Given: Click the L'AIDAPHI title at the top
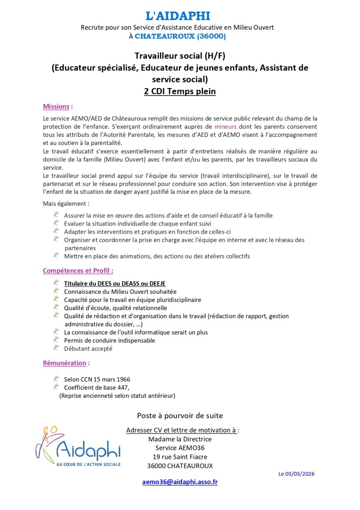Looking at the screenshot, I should point(178,16).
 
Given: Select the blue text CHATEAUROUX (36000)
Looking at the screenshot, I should point(180,36).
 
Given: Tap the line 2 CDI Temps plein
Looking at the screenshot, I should point(180,91).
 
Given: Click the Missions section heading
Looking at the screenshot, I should point(56,107).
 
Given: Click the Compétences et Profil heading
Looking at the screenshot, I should point(78,271).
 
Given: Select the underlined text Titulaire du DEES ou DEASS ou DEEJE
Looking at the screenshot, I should point(115,284).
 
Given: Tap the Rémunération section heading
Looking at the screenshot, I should point(65,363).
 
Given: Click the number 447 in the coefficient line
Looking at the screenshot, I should point(122,387).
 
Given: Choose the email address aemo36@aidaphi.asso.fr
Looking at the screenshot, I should point(180,482).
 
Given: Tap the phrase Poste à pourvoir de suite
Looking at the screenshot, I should point(180,415).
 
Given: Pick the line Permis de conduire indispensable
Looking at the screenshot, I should point(109,340).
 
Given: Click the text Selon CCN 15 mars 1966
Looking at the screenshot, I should point(97,379).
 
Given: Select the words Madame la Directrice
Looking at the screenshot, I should point(180,439).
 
